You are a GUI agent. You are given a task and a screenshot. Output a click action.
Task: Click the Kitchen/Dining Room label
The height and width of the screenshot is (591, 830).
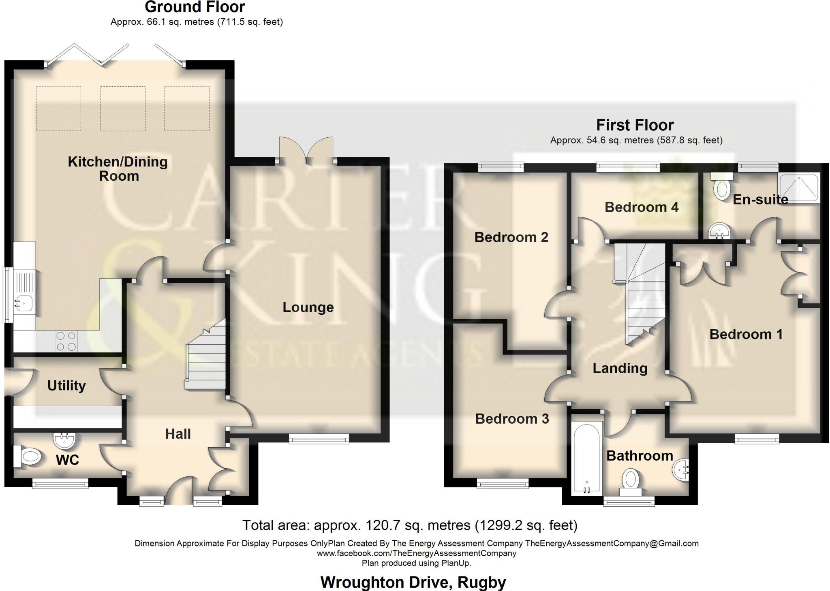(118, 169)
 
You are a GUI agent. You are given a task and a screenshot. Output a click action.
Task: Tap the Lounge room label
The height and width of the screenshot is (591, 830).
(308, 307)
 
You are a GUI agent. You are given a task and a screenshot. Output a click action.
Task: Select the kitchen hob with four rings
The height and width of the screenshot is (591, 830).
(66, 341)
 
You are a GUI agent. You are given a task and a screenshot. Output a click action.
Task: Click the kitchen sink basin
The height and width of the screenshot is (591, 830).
(24, 303)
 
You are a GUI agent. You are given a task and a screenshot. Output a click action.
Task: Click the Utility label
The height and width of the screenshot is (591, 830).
(66, 386)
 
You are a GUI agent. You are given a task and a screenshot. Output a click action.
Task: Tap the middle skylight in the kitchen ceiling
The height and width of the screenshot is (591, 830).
(123, 108)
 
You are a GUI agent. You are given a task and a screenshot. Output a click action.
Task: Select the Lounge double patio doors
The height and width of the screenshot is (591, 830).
(306, 152)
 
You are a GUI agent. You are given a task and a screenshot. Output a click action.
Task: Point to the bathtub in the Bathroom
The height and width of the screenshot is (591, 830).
(586, 458)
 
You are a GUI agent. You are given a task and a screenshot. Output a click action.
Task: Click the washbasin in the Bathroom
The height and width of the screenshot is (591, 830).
(680, 470)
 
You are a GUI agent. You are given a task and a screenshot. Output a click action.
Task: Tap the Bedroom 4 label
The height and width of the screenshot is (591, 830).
(641, 207)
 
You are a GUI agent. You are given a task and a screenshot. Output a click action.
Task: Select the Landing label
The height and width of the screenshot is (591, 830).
(620, 368)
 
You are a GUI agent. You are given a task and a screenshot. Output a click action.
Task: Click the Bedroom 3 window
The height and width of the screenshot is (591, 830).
(503, 483)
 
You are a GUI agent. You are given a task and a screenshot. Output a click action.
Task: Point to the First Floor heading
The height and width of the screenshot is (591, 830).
(635, 125)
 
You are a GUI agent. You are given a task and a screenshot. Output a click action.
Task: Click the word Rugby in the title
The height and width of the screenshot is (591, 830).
(481, 582)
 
